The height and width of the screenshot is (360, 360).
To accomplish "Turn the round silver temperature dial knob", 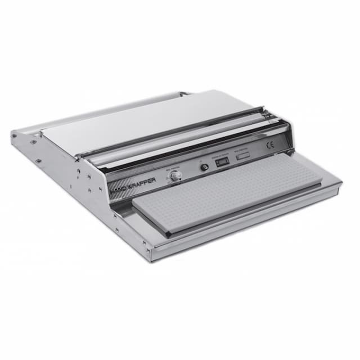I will coord(175,176).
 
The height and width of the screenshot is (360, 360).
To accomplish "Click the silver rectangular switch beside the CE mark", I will coord(242,156).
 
